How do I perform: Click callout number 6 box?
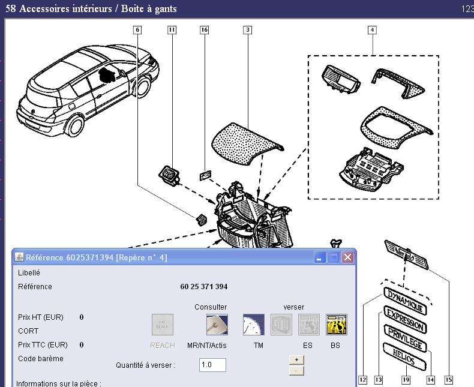point(137,29)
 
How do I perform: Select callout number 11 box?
point(172,29)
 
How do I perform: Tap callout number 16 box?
point(204,29)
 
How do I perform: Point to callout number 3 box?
point(247,29)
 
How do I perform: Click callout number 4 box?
point(372,29)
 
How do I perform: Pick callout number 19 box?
point(406,380)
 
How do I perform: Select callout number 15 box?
point(448,380)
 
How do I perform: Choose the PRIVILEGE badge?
point(406,338)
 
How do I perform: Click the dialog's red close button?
point(347,257)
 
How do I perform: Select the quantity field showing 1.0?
point(212,365)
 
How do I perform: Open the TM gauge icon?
point(253,325)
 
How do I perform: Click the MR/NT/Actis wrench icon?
point(217,325)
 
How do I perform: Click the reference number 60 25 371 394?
point(203,287)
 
